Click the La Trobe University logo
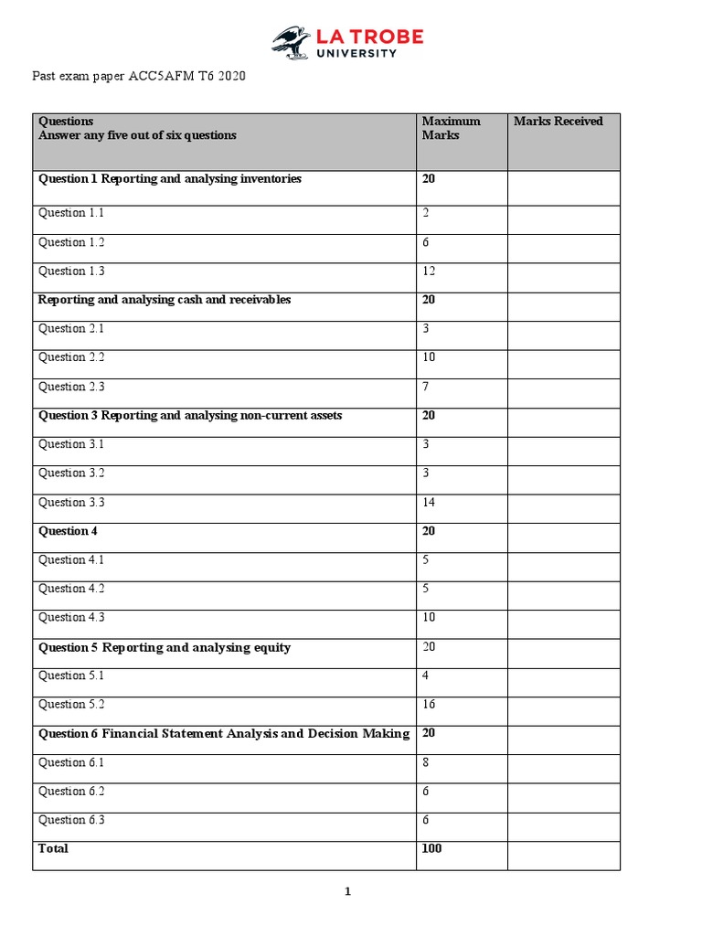click(347, 42)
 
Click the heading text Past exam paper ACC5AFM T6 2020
click(140, 77)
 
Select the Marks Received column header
click(558, 122)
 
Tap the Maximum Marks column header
click(451, 128)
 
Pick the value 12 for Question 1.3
click(429, 271)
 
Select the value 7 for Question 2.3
click(426, 387)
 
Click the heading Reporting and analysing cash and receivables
click(165, 300)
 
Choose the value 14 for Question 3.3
click(429, 503)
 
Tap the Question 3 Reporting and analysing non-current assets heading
click(190, 416)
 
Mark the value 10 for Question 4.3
click(429, 618)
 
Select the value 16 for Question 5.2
click(429, 705)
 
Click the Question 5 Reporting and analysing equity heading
click(165, 648)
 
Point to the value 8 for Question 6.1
click(426, 762)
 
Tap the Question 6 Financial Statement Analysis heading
click(224, 734)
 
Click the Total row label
click(53, 849)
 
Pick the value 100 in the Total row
click(431, 849)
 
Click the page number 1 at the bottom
click(347, 893)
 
